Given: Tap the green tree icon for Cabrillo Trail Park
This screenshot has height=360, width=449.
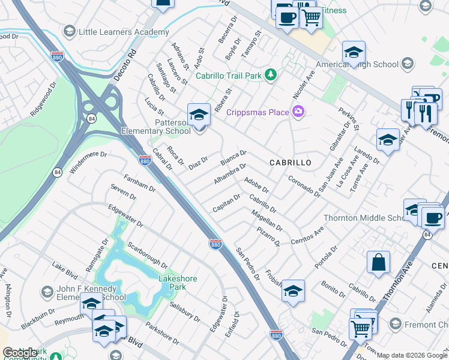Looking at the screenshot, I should point(272,75).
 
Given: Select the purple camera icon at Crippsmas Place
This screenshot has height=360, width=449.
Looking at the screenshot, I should point(298,112).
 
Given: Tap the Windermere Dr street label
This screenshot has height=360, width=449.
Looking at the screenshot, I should point(88,162).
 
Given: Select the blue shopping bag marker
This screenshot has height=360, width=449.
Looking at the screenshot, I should point(378,263).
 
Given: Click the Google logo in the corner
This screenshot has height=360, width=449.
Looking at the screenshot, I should point(20,353).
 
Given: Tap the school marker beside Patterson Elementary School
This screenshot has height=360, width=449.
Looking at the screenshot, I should point(199,114).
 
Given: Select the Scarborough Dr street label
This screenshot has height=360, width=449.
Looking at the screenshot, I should point(148,254).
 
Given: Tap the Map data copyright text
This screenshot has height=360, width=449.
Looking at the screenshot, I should point(412,355).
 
